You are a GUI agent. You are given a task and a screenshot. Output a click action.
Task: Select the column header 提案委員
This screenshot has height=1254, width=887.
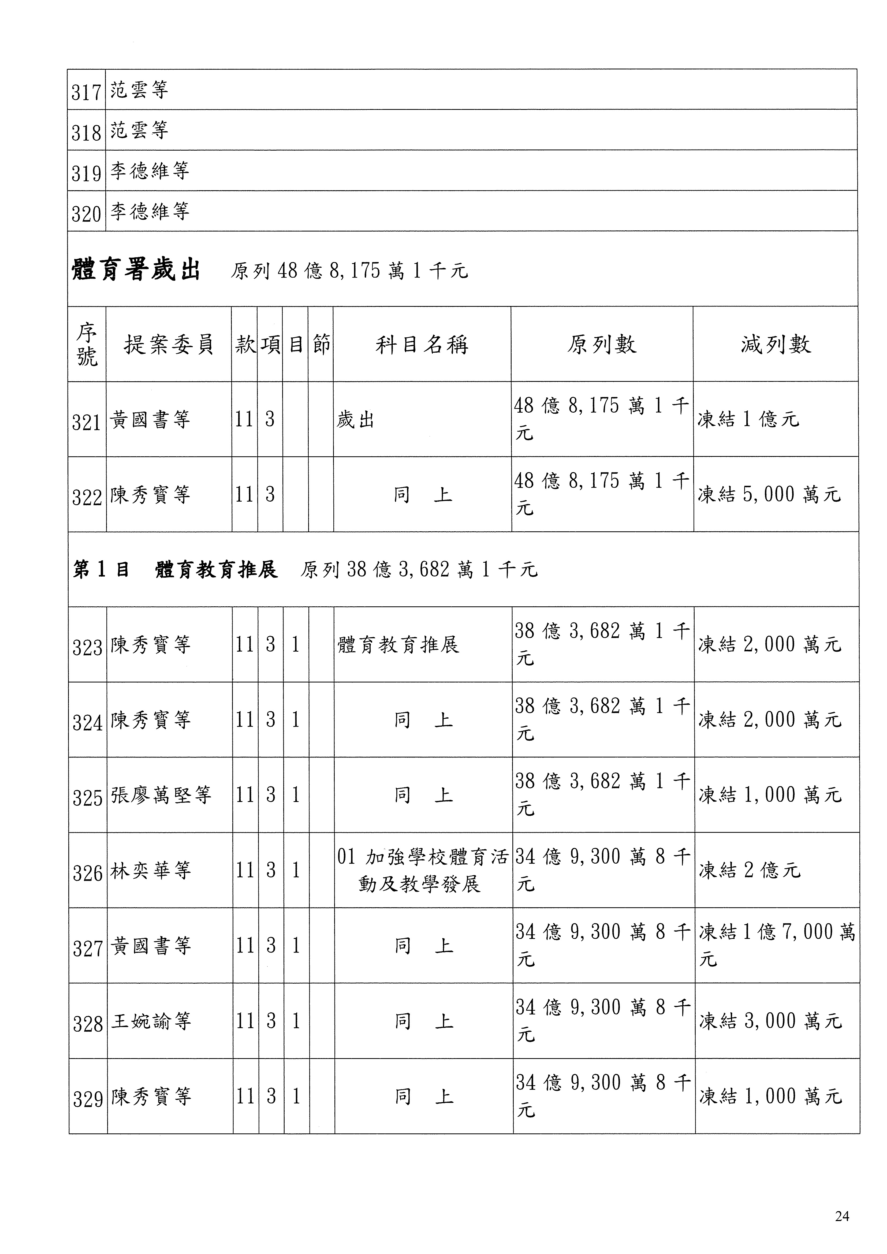(168, 345)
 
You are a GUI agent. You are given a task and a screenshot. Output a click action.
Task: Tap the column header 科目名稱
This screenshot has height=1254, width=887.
(422, 345)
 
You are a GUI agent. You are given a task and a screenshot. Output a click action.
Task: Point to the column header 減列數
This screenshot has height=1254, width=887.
(776, 345)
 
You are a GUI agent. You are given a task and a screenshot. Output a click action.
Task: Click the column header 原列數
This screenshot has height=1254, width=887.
(602, 345)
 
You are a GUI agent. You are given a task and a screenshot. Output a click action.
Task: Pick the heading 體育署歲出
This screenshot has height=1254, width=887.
(136, 270)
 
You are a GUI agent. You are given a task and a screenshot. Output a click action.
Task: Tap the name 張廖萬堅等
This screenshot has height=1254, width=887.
(161, 795)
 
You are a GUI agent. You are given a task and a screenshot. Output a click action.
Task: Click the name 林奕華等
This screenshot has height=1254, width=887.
(151, 871)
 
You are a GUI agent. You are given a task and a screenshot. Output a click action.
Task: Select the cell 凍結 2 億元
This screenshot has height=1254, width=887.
(749, 871)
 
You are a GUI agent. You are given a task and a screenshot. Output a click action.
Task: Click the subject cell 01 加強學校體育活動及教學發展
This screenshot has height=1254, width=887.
(422, 871)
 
